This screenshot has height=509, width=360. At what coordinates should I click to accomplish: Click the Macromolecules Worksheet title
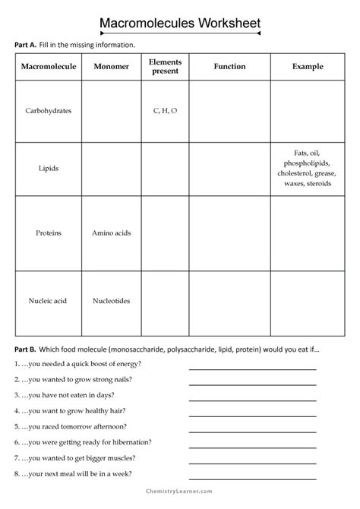coord(181,24)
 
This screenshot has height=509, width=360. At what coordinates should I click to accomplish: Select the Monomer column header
coord(111,67)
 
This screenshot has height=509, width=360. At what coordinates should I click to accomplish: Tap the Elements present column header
coord(164,67)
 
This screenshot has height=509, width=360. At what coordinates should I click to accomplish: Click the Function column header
coord(229,67)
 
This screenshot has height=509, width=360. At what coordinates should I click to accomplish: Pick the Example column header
coord(308,67)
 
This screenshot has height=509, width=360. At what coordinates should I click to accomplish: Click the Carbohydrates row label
coord(47,110)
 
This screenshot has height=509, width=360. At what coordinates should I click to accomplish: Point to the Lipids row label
coord(47,167)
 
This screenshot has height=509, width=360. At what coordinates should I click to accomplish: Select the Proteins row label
coord(47,232)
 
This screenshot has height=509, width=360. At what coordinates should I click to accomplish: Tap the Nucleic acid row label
coord(47,301)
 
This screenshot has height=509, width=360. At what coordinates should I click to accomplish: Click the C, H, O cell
coord(164,110)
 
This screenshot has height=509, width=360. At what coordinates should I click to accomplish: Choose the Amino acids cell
coord(111,232)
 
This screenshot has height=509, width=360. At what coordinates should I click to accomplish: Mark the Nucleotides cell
coord(111,301)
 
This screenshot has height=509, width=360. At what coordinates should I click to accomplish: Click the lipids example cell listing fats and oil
coord(308,168)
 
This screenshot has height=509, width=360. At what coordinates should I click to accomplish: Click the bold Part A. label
coord(25,45)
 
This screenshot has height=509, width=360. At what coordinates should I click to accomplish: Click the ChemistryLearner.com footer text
coord(180,498)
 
